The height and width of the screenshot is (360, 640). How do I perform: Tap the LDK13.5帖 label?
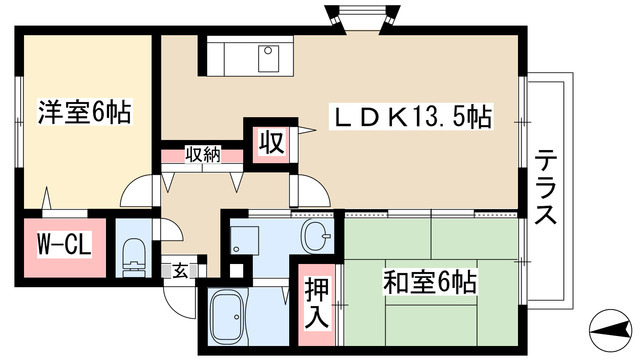pyautogui.click(x=411, y=117)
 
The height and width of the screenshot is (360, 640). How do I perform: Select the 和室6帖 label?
pyautogui.click(x=430, y=282)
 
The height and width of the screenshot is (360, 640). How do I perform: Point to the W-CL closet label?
pyautogui.click(x=64, y=245)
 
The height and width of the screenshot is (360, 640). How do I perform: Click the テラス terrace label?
pyautogui.click(x=546, y=187)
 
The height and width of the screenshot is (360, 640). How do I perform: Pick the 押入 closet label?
pyautogui.click(x=317, y=303)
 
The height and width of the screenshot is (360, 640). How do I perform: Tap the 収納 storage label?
pyautogui.click(x=203, y=155)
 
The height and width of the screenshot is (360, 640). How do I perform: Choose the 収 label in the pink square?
pyautogui.click(x=271, y=143)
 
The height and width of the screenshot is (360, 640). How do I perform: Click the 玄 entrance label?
pyautogui.click(x=180, y=271)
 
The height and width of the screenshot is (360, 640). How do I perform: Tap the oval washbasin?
pyautogui.click(x=315, y=236)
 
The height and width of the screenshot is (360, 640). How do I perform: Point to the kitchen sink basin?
pyautogui.click(x=268, y=59)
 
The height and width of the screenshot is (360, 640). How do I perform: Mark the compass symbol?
pyautogui.click(x=611, y=329)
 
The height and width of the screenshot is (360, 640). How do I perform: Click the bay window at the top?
pyautogui.click(x=360, y=18)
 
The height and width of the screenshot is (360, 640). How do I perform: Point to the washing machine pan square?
pyautogui.click(x=244, y=240)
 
